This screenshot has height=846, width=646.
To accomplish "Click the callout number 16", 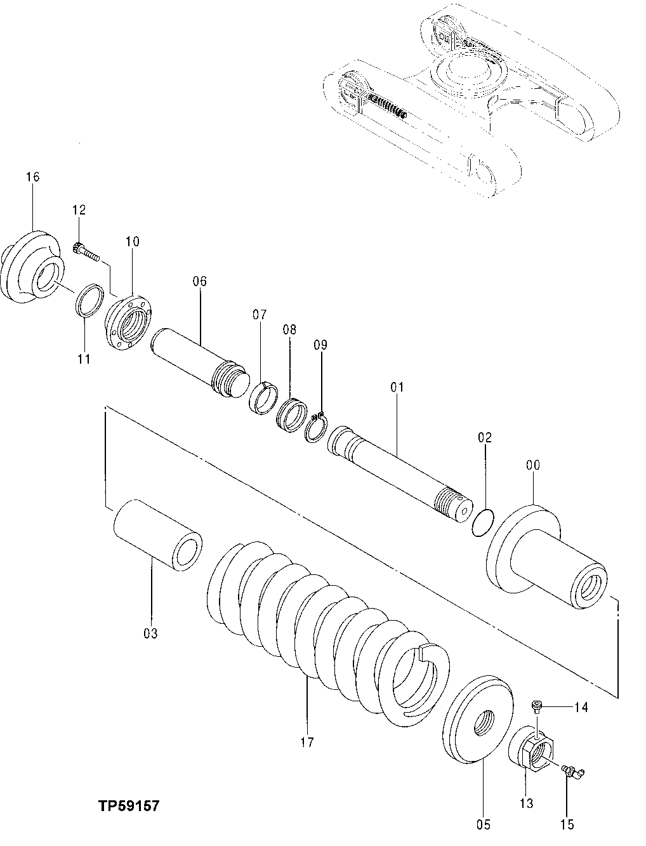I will point(32,176).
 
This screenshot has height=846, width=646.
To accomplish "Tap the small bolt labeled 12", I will point(86,252).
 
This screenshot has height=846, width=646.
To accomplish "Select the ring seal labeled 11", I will point(89,300).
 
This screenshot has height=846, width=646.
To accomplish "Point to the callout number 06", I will point(200,281).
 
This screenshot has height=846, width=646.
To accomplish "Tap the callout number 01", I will point(397,387).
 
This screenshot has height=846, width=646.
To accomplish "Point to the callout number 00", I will point(532,465).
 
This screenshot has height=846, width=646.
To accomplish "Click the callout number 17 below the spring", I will point(307,741).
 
